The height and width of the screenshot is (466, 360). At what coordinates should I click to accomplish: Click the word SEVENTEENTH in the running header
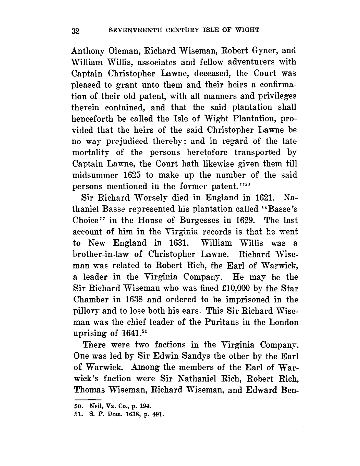128,30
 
